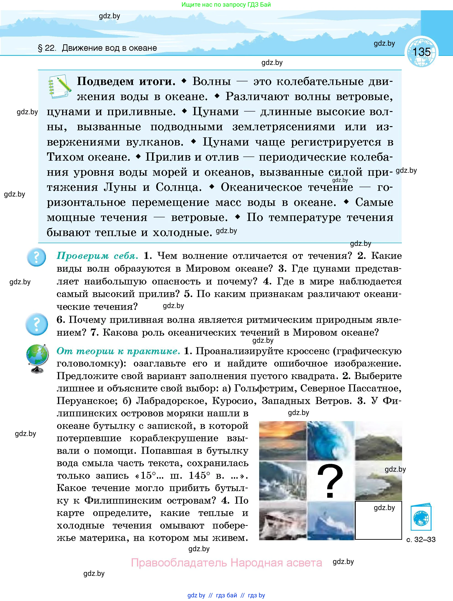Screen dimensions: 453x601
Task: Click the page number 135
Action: tap(421, 52)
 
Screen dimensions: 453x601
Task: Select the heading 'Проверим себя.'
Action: tap(97, 256)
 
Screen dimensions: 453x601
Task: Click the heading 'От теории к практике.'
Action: tap(118, 351)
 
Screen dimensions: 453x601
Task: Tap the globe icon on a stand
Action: tap(37, 358)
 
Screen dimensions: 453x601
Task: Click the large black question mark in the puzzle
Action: tap(330, 481)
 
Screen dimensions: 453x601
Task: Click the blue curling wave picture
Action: tap(331, 440)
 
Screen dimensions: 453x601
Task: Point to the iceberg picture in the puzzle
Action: tap(331, 521)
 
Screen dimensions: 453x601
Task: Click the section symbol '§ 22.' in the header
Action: tap(47, 48)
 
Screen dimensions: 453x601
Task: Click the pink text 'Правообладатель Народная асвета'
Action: tap(226, 562)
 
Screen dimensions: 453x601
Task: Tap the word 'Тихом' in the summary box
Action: tap(65, 157)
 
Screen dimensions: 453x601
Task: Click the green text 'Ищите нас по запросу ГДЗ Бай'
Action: tap(226, 5)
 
